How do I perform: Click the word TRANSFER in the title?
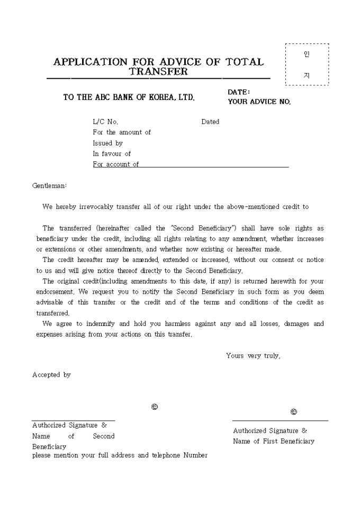coord(159,71)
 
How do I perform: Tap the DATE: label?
coord(239,92)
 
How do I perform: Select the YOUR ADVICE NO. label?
coord(259,102)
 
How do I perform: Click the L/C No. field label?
coord(105,122)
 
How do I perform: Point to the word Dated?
coord(210,122)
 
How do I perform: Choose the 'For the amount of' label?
coord(122,132)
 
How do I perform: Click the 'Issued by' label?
coord(107,143)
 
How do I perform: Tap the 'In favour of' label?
coord(112,154)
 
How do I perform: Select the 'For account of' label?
coord(115,165)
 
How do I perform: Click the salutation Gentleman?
coord(50,186)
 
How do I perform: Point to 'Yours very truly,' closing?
coord(253,356)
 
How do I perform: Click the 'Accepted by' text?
coord(51,375)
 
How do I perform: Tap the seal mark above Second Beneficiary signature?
coord(155,407)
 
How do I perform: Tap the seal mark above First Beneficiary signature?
coord(294,412)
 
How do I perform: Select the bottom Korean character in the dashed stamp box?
coord(307,75)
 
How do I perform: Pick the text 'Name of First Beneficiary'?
coord(273,441)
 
